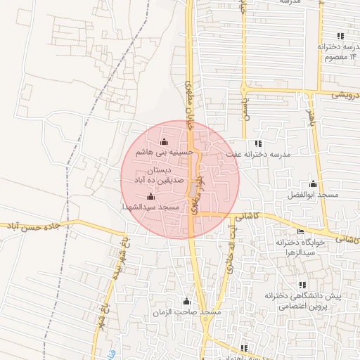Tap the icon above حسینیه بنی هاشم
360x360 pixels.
coord(165,142)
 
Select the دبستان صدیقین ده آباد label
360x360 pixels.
coord(159,176)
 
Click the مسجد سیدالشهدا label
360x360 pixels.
coord(152,208)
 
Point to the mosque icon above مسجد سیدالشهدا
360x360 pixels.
coord(150,197)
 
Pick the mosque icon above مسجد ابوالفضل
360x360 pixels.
coord(313,184)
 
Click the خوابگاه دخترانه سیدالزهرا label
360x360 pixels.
coord(313,247)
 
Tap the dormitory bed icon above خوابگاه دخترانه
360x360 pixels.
coord(302,231)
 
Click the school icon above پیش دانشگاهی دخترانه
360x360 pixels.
coord(302,285)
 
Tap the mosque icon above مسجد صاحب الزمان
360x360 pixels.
coord(186,302)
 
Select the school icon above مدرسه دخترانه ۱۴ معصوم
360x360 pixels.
coord(341,36)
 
